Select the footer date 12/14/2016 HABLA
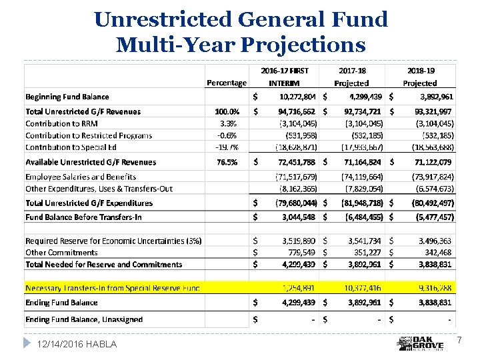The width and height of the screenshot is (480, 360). click(x=77, y=344)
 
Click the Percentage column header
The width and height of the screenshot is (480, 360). click(x=226, y=83)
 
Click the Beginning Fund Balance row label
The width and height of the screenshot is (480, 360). click(x=67, y=97)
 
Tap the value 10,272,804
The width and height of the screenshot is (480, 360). click(x=297, y=97)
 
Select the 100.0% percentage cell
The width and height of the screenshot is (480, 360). click(x=227, y=111)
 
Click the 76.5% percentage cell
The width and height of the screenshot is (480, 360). click(x=227, y=162)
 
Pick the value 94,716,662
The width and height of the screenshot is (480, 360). click(x=297, y=111)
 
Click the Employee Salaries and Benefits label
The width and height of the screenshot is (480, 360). click(x=81, y=177)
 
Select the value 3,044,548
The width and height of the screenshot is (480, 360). click(x=297, y=217)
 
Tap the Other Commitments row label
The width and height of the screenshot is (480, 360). click(x=61, y=253)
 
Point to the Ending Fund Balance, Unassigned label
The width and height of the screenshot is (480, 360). click(x=84, y=319)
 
